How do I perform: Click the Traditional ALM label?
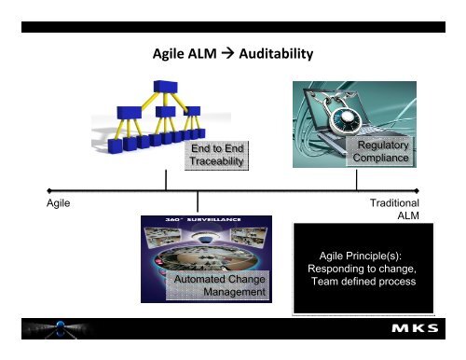coord(393,209)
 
